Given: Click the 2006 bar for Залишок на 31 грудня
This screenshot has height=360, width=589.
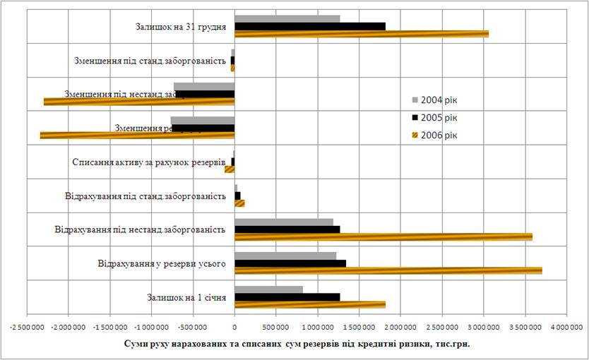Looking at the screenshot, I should pyautogui.click(x=360, y=34).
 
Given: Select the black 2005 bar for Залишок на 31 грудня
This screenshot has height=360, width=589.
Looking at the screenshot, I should pyautogui.click(x=309, y=26).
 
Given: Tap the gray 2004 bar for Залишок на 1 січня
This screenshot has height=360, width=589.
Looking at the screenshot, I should pyautogui.click(x=268, y=289).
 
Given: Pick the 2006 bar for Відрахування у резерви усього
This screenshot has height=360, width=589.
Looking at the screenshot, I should pyautogui.click(x=388, y=270).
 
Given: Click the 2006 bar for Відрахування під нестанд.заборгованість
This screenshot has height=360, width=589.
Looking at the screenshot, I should pyautogui.click(x=383, y=236).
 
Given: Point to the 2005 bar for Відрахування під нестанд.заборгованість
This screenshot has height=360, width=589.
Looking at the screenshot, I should pyautogui.click(x=287, y=229).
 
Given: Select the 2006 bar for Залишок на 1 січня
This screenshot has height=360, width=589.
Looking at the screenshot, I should pyautogui.click(x=309, y=305).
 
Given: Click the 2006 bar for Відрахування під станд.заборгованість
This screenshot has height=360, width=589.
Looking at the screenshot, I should pyautogui.click(x=239, y=203).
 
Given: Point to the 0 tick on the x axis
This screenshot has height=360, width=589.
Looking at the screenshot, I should pyautogui.click(x=234, y=328).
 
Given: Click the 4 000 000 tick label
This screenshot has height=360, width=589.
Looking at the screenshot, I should pyautogui.click(x=566, y=328).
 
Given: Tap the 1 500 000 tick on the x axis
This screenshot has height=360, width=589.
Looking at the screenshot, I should pyautogui.click(x=359, y=328).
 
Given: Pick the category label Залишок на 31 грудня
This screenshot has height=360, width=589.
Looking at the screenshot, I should pyautogui.click(x=180, y=27).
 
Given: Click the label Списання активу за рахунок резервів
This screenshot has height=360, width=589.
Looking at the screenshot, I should pyautogui.click(x=148, y=162).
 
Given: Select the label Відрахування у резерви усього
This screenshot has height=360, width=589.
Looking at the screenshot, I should pyautogui.click(x=162, y=264).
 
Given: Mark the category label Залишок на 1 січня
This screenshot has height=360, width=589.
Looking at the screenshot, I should pyautogui.click(x=186, y=298).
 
